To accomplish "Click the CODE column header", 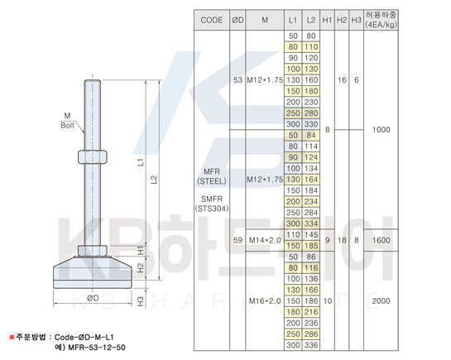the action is [211, 20].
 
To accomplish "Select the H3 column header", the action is [356, 20].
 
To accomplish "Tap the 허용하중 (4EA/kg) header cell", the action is [381, 20].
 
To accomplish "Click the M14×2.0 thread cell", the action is [265, 240].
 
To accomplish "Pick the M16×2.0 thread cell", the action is [265, 300].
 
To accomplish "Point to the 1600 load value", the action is [381, 240].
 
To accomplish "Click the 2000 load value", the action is [381, 300].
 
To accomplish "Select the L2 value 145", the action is [311, 235].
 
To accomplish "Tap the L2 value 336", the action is [311, 345].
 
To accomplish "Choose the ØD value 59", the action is [237, 240].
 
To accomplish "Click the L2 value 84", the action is [311, 135].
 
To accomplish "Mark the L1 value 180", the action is [293, 312].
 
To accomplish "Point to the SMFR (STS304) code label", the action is [212, 204].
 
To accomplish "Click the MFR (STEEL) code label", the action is [212, 176].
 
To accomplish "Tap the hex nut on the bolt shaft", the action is [93, 156].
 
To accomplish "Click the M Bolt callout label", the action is [67, 121].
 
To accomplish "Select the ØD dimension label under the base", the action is [93, 298].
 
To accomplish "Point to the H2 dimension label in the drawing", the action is [141, 268].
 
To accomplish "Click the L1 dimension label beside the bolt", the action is [141, 162].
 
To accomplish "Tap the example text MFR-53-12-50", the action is [97, 348].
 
